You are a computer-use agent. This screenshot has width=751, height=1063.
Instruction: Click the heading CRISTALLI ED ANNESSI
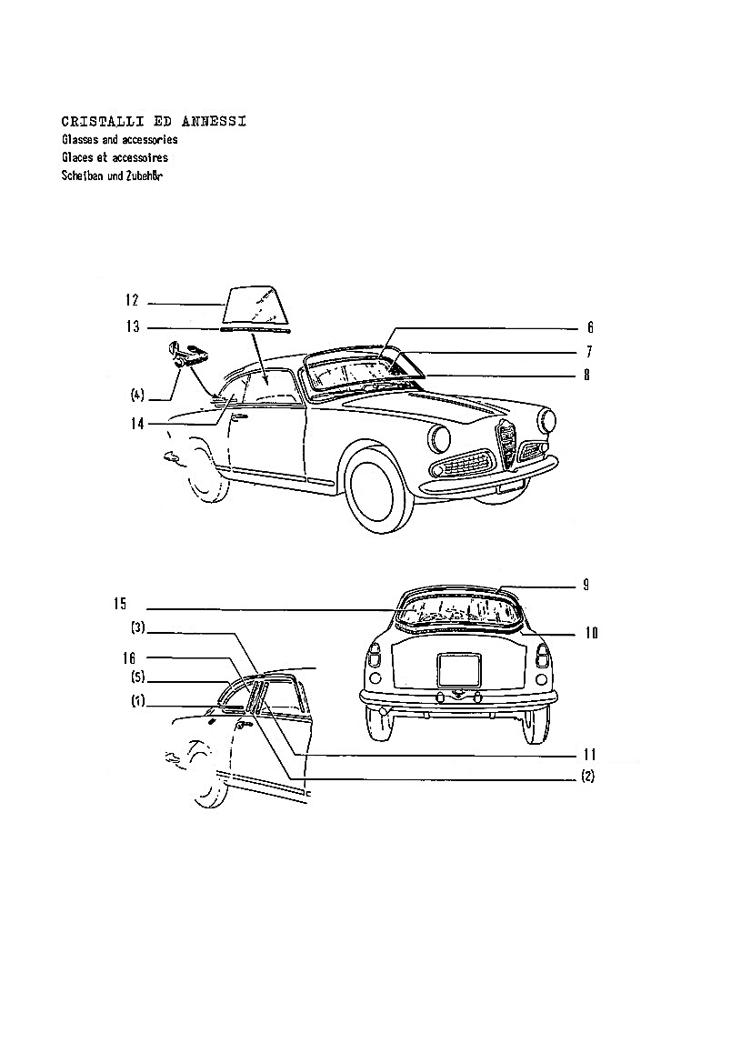pyautogui.click(x=154, y=122)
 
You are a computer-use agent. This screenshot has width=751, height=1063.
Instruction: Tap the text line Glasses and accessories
pyautogui.click(x=119, y=140)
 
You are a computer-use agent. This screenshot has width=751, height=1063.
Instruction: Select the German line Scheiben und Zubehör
pyautogui.click(x=113, y=176)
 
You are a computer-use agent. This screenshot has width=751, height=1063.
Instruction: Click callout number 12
pyautogui.click(x=132, y=300)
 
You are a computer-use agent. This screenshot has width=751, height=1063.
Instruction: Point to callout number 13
pyautogui.click(x=132, y=326)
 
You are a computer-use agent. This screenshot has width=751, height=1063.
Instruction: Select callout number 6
pyautogui.click(x=590, y=328)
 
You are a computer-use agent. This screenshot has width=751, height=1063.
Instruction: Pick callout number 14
pyautogui.click(x=137, y=424)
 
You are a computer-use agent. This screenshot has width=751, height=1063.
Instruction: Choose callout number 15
pyautogui.click(x=120, y=604)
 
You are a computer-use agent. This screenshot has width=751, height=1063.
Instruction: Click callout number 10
pyautogui.click(x=591, y=633)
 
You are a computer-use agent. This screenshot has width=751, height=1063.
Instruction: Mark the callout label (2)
pyautogui.click(x=587, y=777)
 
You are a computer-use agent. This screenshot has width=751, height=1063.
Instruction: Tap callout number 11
pyautogui.click(x=590, y=755)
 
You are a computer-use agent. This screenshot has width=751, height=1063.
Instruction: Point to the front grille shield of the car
pyautogui.click(x=506, y=444)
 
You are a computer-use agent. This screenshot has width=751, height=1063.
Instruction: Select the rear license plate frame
pyautogui.click(x=459, y=669)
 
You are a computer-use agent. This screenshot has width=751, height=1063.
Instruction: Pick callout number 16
pyautogui.click(x=129, y=657)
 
